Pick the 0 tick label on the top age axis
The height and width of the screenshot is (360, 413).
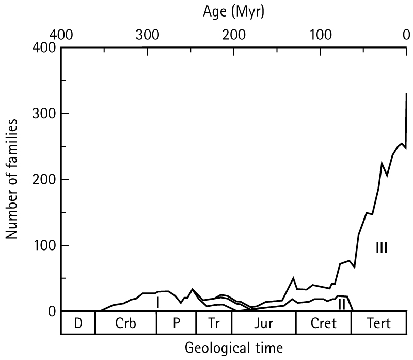click(x=406, y=35)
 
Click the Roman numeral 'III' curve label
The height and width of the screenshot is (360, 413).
click(x=382, y=247)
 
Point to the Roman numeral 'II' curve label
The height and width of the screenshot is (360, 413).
click(x=341, y=304)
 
